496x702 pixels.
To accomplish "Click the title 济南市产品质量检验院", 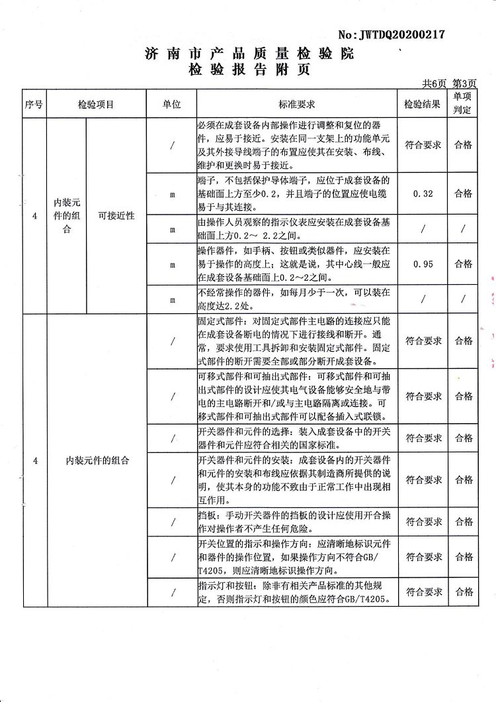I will point(249,54).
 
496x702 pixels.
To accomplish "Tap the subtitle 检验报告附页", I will point(249,69).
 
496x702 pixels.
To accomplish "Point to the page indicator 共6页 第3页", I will point(449,83).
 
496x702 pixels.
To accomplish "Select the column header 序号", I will point(34,105).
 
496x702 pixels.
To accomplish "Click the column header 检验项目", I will point(96,105).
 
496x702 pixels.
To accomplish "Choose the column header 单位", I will point(172,105).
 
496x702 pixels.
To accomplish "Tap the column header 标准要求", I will point(296,105).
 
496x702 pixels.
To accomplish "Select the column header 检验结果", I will point(423,105).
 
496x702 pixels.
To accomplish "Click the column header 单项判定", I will point(463,104).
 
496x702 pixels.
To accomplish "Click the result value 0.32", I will point(423,193).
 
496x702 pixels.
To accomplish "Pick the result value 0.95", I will point(423,264).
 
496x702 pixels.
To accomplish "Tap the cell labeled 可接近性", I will point(116,215).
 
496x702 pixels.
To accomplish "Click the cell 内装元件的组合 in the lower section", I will point(97,460).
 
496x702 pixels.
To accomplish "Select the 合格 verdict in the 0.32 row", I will point(463,193).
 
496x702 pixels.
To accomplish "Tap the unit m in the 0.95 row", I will point(172,264).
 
